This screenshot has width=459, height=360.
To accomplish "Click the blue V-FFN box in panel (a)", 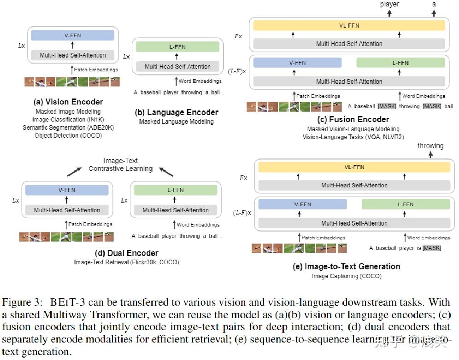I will point(72,35).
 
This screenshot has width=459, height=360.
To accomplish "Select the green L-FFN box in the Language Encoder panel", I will point(177,47).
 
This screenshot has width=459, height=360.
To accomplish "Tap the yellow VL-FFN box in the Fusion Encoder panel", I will point(348,26).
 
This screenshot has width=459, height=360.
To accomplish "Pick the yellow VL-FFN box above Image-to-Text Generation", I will point(353,167).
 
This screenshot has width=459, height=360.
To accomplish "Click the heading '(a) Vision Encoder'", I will point(68,102).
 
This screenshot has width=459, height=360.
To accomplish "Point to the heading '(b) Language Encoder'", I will point(177,112).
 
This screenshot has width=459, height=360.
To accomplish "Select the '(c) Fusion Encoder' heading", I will point(353,120).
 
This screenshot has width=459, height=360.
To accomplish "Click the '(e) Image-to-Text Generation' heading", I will point(346,267).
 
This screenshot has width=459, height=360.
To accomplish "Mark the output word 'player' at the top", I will point(389,4).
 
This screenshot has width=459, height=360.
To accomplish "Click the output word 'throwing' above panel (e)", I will point(430,146).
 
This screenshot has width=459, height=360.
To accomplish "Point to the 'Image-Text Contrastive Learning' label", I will point(121,165).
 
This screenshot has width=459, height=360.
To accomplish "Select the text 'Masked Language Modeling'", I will point(177,122).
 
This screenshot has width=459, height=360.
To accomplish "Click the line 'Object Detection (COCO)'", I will point(68,135).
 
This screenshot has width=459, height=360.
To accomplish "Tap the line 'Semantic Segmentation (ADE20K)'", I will point(68,128).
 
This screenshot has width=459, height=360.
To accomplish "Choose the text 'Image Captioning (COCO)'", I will point(346,276).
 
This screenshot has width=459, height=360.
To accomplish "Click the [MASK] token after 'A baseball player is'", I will point(431,248).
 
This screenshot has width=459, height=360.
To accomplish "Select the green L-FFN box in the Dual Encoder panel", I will point(175,190).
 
